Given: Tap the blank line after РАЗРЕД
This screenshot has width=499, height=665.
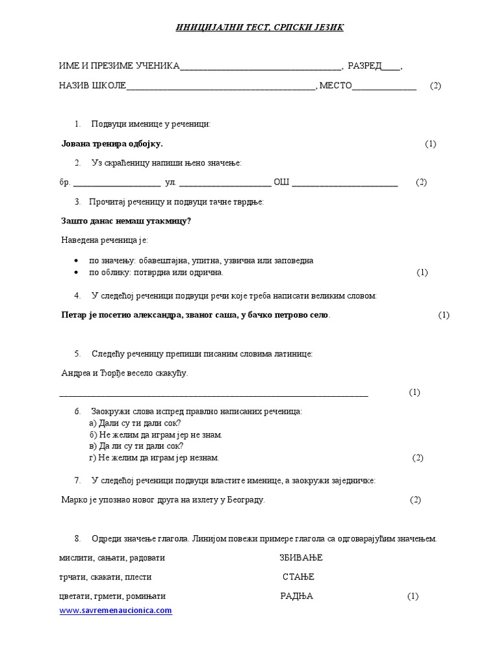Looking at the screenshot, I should tap(390, 68).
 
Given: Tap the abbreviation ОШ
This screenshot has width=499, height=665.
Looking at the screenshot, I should tap(281, 182).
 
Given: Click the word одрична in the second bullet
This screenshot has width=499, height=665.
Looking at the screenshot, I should tap(207, 273).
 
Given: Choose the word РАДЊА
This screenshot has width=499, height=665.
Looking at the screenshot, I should tap(297, 596).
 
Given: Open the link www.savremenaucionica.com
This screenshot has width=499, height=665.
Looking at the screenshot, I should tap(116, 610).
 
